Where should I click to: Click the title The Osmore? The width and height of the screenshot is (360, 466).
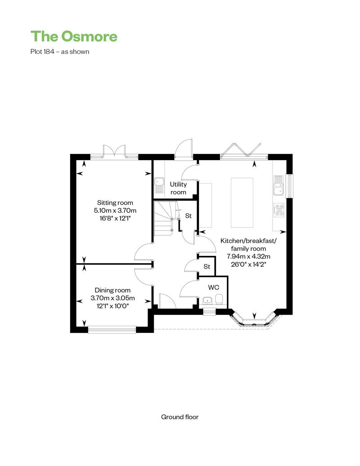point(74,36)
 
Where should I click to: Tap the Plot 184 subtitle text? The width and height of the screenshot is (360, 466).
point(60,51)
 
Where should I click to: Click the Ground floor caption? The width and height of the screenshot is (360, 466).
point(180,417)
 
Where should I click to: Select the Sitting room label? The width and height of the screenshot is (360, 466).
point(115,203)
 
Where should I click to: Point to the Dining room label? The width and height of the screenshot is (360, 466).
point(112,290)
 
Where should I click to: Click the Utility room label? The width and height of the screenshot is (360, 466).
point(178,188)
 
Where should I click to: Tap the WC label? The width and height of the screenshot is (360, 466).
point(213,287)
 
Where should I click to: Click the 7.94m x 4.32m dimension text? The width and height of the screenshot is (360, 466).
point(248,256)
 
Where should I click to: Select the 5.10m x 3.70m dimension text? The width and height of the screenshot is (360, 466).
point(115,211)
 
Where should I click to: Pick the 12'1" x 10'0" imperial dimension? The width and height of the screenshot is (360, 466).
point(112,306)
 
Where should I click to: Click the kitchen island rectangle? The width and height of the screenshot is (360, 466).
point(242,203)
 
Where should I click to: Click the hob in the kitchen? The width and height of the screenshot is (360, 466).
point(279,210)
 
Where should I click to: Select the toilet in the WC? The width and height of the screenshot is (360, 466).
point(219,299)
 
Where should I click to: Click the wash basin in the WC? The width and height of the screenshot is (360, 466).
point(207,300)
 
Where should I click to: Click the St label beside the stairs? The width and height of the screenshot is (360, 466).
point(189,216)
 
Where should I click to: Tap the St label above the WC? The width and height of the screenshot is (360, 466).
point(207,267)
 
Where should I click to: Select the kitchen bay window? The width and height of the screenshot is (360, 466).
point(254,320)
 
